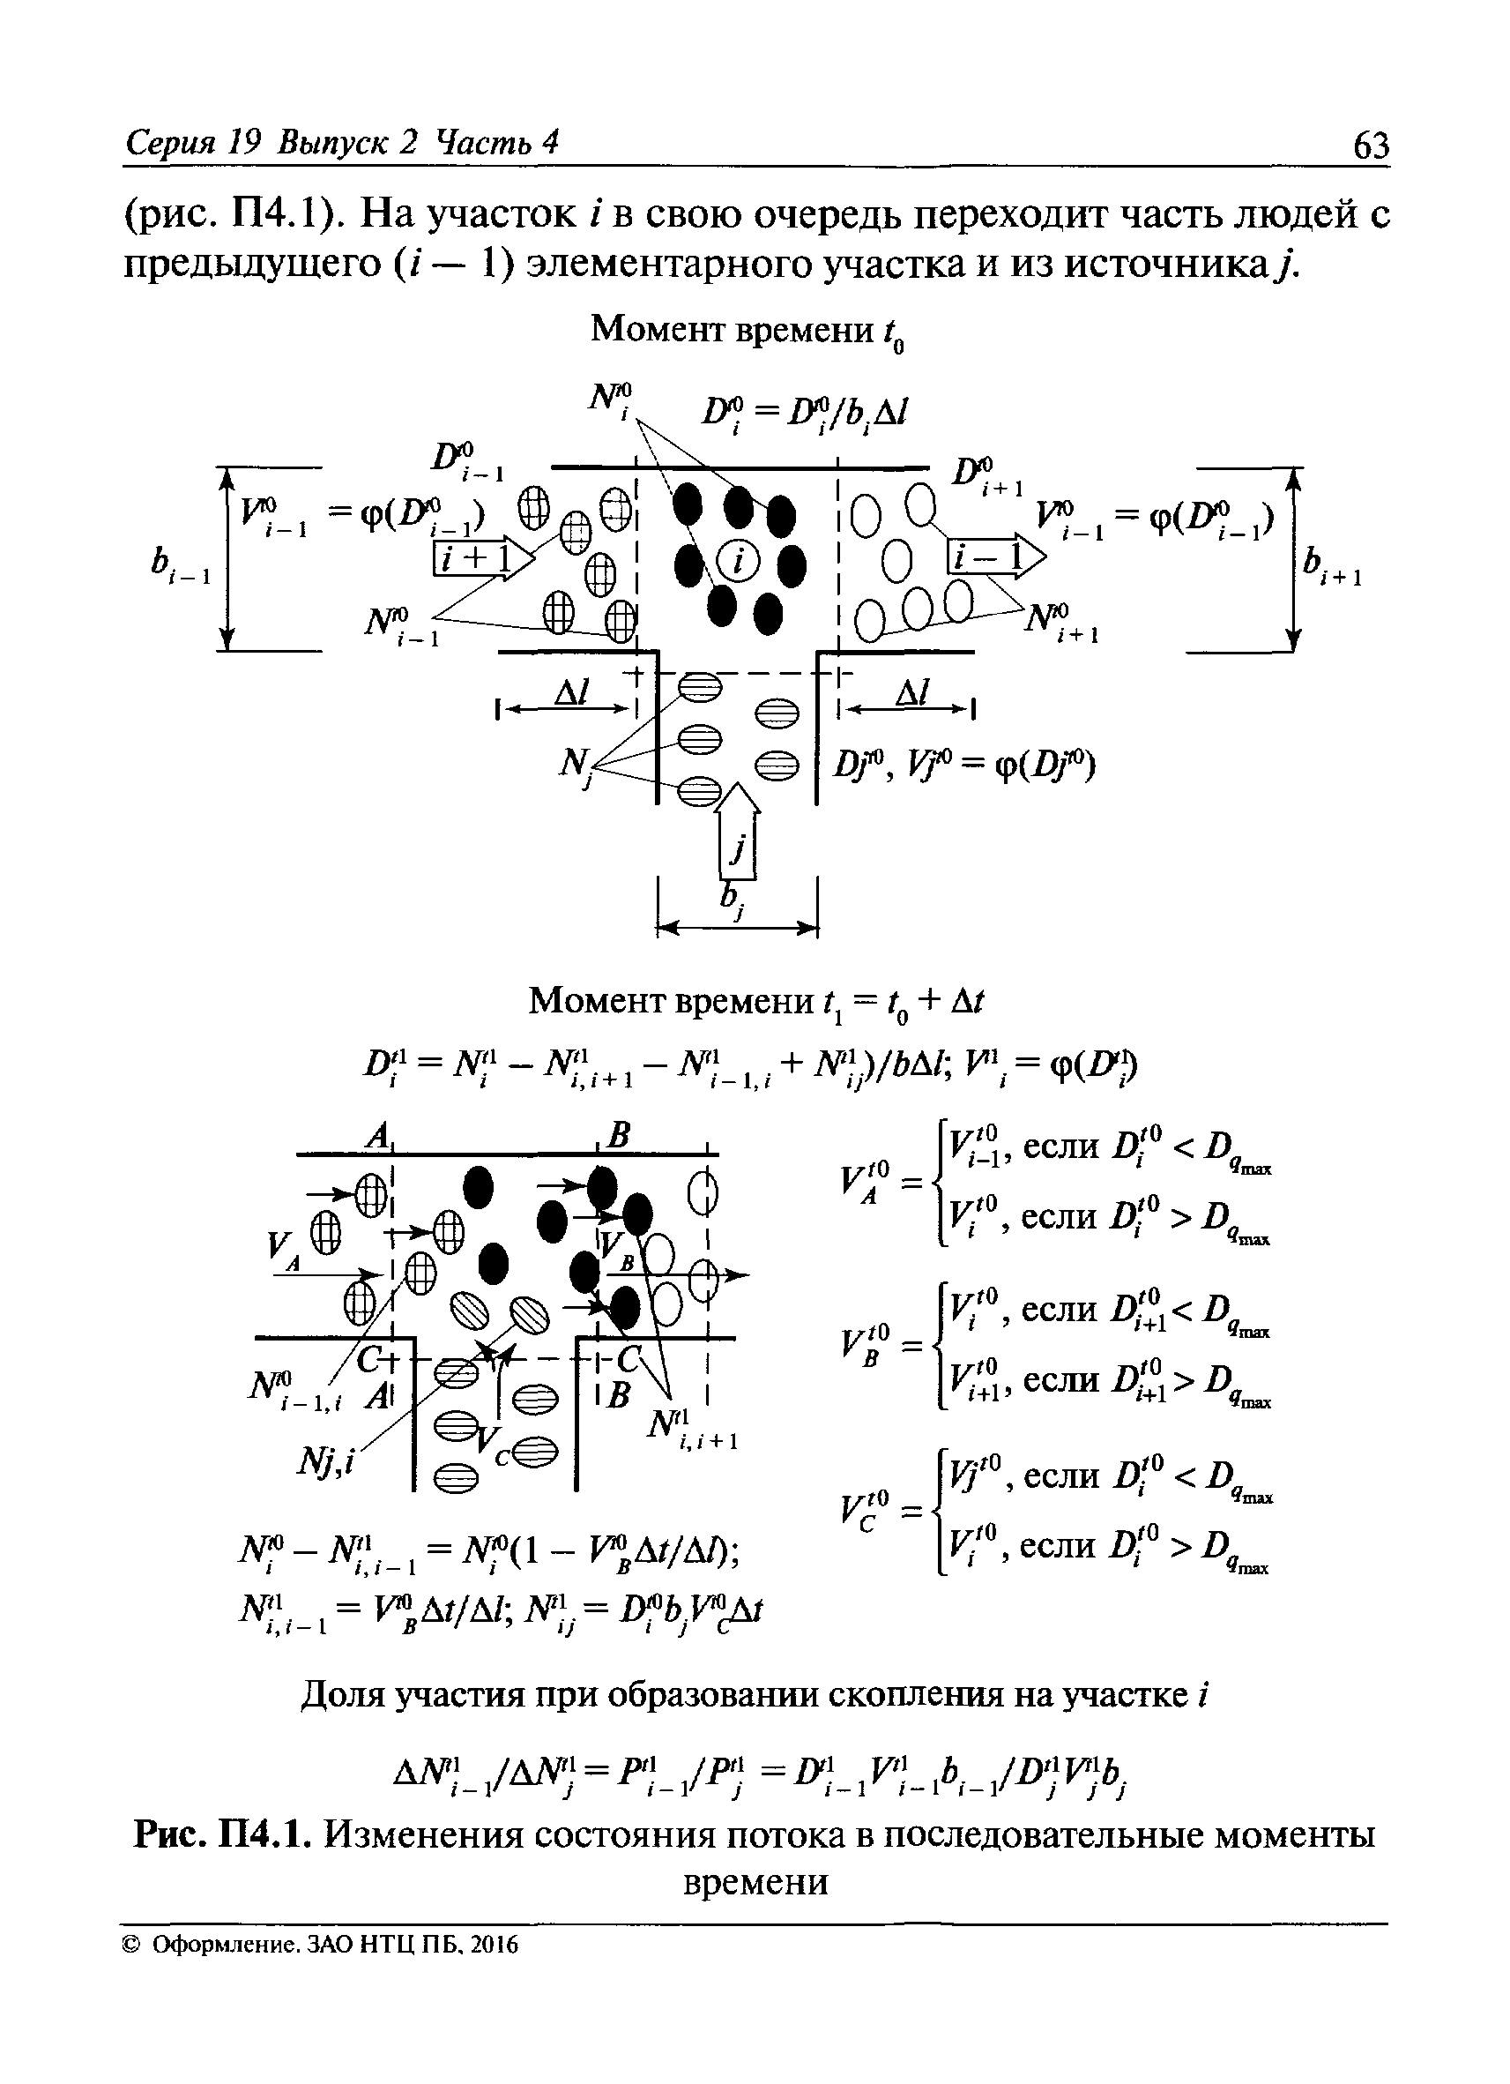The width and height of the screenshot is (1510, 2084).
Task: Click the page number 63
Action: click(x=1371, y=145)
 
